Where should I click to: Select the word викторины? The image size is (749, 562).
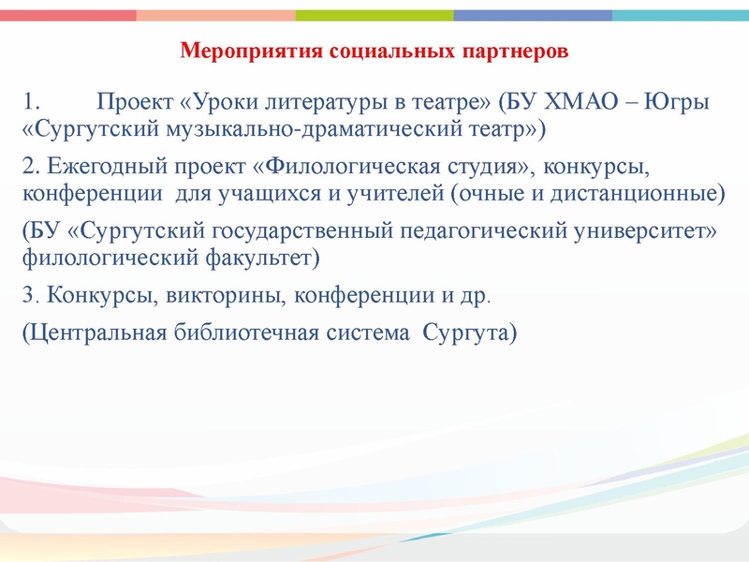228,298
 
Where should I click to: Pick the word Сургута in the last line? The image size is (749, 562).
468,334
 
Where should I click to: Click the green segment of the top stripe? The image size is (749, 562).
374,15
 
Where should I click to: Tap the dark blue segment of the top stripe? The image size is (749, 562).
533,15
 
